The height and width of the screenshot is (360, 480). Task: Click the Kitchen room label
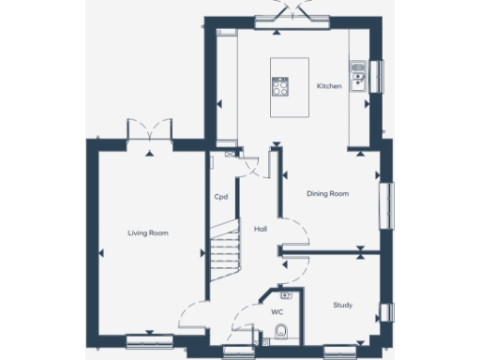click(x=328, y=86)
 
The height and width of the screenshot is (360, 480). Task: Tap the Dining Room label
click(x=327, y=194)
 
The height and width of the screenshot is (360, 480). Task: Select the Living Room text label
click(x=147, y=232)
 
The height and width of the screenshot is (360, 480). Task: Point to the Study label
click(x=343, y=305)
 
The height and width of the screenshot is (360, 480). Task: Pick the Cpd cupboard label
click(x=221, y=197)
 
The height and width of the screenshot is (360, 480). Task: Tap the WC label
click(x=277, y=310)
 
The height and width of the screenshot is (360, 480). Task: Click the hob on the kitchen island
click(x=280, y=87)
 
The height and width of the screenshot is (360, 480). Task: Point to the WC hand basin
click(x=287, y=295)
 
